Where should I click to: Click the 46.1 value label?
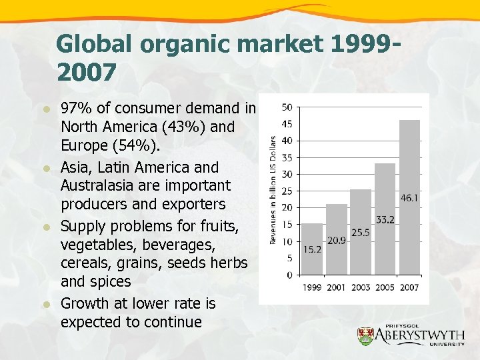(x=409, y=198)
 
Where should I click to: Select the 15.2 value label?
(x=312, y=249)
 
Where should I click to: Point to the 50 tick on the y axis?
(x=287, y=107)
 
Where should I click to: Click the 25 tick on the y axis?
(x=287, y=191)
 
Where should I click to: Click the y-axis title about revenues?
(x=273, y=190)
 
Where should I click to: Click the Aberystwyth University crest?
(x=365, y=337)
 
